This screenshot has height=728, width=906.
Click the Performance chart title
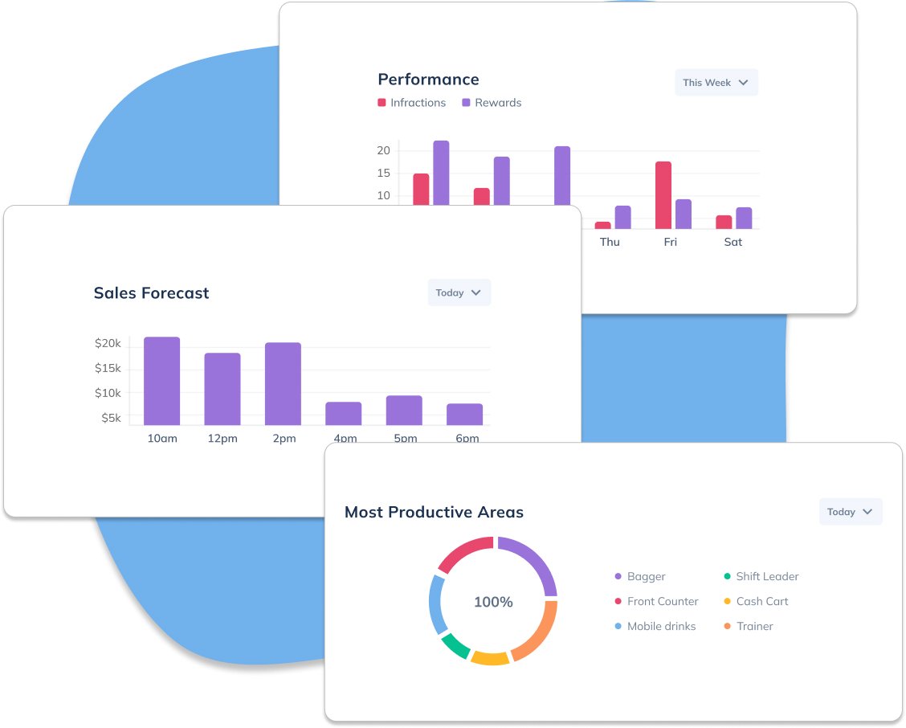pyautogui.click(x=428, y=80)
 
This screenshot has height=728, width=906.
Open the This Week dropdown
pyautogui.click(x=716, y=83)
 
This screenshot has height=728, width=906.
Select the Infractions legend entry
pyautogui.click(x=412, y=103)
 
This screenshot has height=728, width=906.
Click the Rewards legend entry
pyautogui.click(x=492, y=103)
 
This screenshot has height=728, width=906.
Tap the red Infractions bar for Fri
pyautogui.click(x=663, y=195)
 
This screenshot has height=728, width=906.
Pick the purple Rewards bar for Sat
pyautogui.click(x=744, y=218)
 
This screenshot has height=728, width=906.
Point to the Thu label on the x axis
pyautogui.click(x=610, y=242)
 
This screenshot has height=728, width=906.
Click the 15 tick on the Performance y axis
pyautogui.click(x=383, y=174)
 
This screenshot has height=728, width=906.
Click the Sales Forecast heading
pyautogui.click(x=151, y=293)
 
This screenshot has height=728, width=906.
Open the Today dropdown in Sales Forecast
pyautogui.click(x=459, y=293)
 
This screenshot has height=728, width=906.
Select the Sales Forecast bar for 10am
pyautogui.click(x=162, y=381)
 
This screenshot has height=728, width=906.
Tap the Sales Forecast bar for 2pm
pyautogui.click(x=284, y=384)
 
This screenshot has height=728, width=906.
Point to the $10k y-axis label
pyautogui.click(x=108, y=393)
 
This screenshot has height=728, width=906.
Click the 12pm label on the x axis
pyautogui.click(x=222, y=439)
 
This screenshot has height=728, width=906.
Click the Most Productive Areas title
pyautogui.click(x=434, y=513)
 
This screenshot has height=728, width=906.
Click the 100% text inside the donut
pyautogui.click(x=493, y=602)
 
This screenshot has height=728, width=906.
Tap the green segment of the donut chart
pyautogui.click(x=455, y=646)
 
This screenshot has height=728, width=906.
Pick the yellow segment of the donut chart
pyautogui.click(x=490, y=658)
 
